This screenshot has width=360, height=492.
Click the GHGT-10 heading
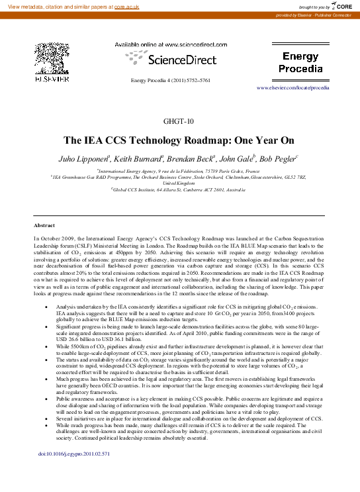[179, 122]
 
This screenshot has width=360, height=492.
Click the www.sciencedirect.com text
[192, 44]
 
